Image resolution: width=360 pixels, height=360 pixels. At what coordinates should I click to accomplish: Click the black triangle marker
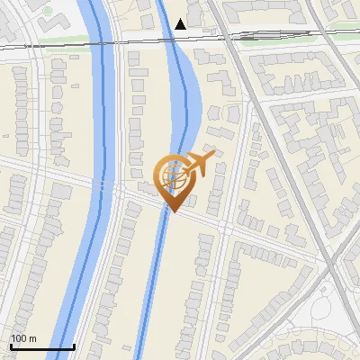(x=181, y=24)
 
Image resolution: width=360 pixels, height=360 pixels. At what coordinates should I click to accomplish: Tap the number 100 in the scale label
(x=19, y=338)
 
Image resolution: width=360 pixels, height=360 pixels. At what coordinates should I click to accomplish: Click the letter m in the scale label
(x=32, y=338)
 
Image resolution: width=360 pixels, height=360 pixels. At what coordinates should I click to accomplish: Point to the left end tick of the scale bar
(x=11, y=346)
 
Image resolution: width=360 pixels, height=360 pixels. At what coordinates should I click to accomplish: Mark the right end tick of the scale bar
(x=74, y=346)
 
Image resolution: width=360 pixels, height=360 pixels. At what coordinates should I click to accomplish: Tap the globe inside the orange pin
(x=175, y=176)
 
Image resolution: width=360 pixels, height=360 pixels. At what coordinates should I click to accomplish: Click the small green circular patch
(x=47, y=11)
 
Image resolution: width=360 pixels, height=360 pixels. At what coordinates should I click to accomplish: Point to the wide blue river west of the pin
(x=99, y=135)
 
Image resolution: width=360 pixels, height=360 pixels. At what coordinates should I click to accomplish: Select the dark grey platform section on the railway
(x=247, y=37)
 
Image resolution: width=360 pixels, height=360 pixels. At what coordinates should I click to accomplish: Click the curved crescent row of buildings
(x=306, y=346)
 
